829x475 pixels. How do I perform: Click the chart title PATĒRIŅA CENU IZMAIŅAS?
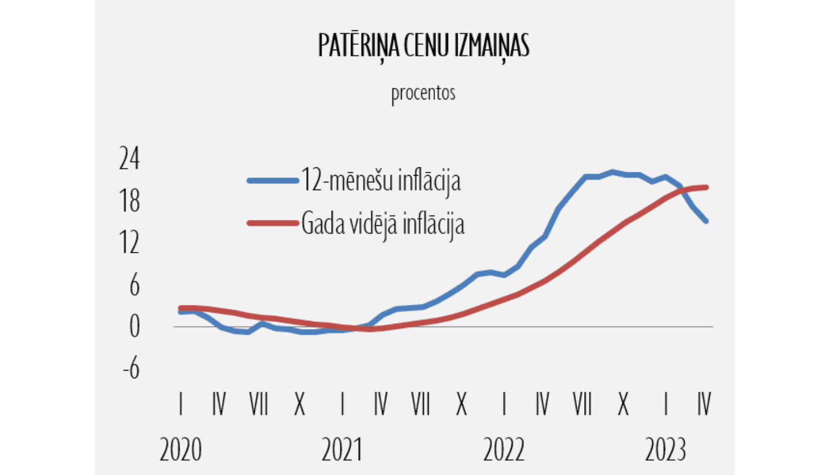pyautogui.click(x=423, y=46)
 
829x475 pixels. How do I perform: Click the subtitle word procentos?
pyautogui.click(x=423, y=93)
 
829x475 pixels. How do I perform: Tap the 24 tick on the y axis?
pyautogui.click(x=129, y=159)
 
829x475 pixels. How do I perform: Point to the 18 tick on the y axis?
pyautogui.click(x=129, y=201)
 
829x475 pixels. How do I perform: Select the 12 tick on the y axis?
pyautogui.click(x=129, y=243)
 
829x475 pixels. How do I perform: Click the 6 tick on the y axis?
pyautogui.click(x=134, y=286)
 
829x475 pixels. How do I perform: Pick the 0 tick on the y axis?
pyautogui.click(x=134, y=327)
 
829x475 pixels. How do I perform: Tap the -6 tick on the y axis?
pyautogui.click(x=132, y=368)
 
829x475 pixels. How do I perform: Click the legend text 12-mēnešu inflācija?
pyautogui.click(x=380, y=181)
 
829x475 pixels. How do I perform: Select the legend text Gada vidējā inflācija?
pyautogui.click(x=382, y=224)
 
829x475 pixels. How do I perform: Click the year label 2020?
pyautogui.click(x=181, y=450)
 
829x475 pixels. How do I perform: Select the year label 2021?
pyautogui.click(x=342, y=450)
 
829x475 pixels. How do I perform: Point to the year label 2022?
pyautogui.click(x=503, y=450)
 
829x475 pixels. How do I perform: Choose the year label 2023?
pyautogui.click(x=665, y=450)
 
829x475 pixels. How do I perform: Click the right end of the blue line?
pyautogui.click(x=706, y=221)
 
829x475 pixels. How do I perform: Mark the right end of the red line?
pyautogui.click(x=706, y=187)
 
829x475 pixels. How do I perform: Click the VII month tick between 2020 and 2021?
pyautogui.click(x=259, y=405)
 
